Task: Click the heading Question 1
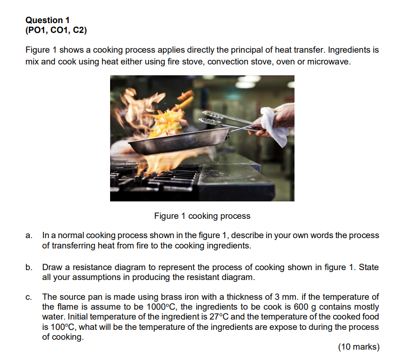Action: (x=48, y=20)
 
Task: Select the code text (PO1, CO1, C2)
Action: (x=56, y=31)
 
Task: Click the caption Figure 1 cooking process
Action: (x=202, y=216)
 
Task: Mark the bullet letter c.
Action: (x=29, y=297)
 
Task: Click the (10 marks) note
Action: (x=358, y=347)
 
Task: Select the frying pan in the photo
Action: (x=179, y=141)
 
